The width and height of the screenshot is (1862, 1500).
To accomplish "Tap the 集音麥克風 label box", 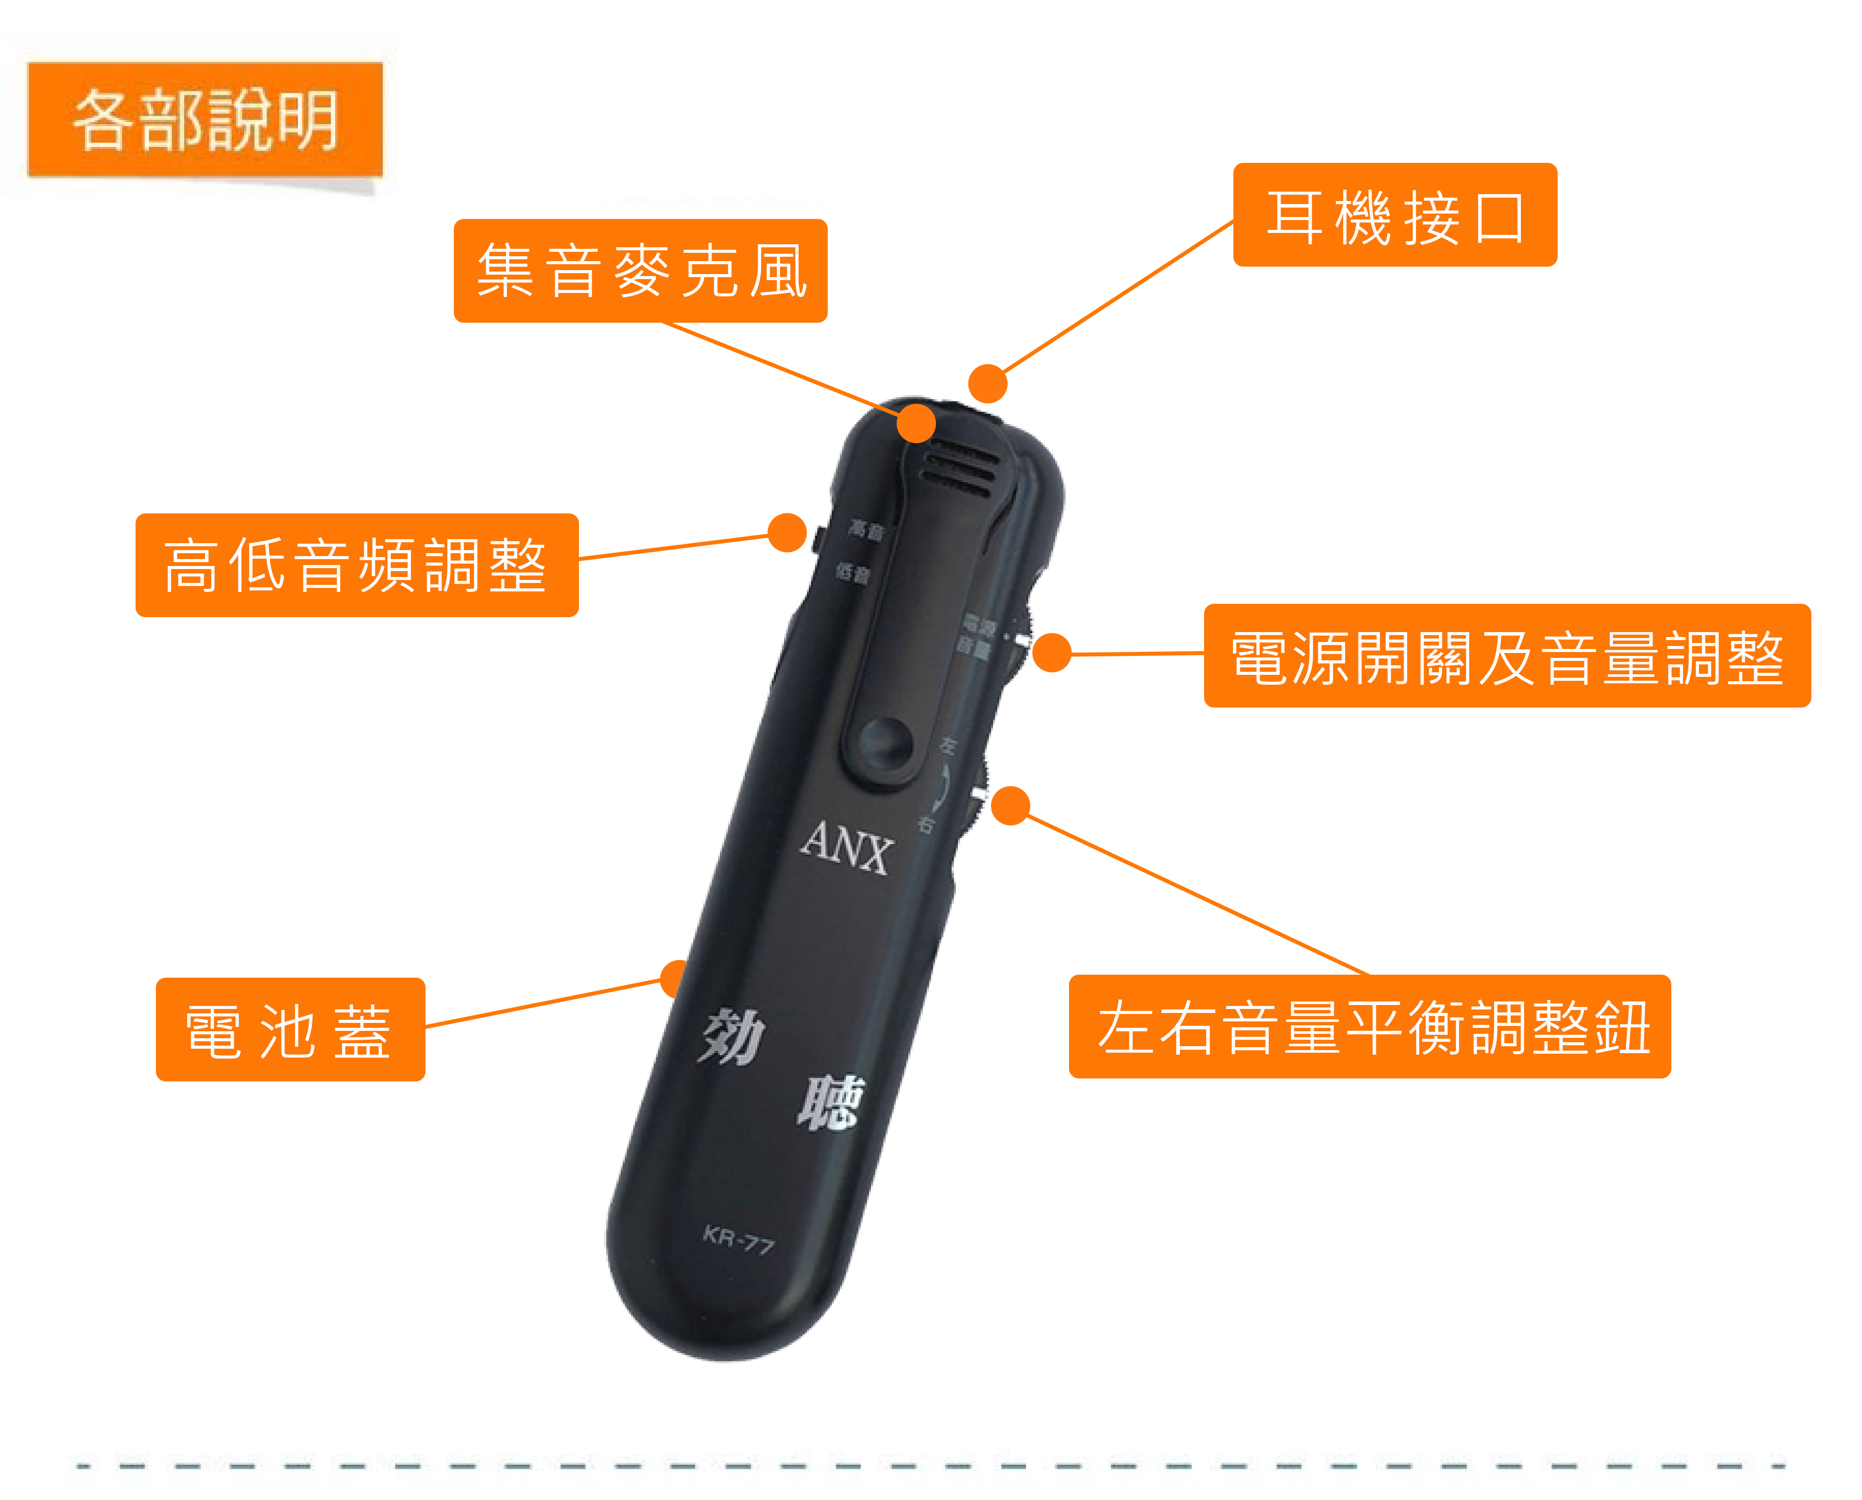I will [x=640, y=271].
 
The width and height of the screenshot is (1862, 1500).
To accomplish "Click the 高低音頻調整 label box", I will [x=357, y=565].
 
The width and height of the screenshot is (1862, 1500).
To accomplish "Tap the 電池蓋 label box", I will [x=290, y=1029].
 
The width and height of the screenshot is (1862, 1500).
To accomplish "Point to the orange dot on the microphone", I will [x=916, y=424].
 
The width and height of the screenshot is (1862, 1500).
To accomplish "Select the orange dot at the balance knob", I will [x=1010, y=805].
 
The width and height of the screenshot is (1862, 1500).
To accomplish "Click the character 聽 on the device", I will [x=830, y=1102].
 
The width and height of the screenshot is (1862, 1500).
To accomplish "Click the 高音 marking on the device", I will [x=866, y=529].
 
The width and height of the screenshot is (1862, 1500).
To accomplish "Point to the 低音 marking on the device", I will [x=853, y=573].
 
